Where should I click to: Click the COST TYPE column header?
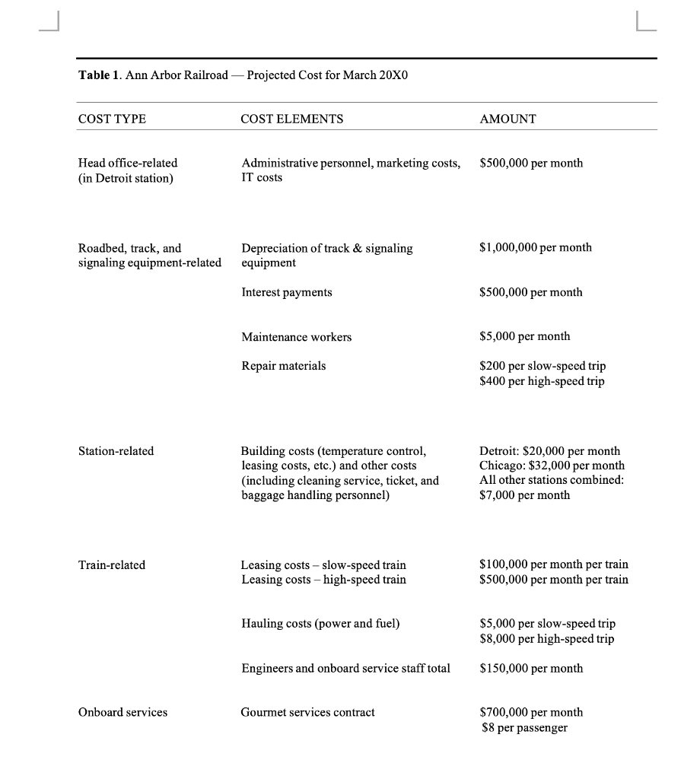[x=113, y=119]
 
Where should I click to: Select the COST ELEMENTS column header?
[x=292, y=119]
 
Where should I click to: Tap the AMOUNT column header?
[x=508, y=119]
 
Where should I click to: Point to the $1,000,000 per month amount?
[x=536, y=247]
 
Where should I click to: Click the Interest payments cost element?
[x=287, y=292]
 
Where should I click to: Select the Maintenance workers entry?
[x=297, y=337]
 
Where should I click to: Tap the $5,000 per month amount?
[x=525, y=336]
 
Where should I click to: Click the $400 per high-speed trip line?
[x=542, y=380]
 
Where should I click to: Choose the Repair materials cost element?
[x=283, y=366]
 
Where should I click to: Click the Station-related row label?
[x=116, y=451]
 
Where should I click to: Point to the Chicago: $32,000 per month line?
[x=552, y=466]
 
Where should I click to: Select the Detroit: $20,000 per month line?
[x=549, y=451]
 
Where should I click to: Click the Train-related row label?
[x=112, y=564]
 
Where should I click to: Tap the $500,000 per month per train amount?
[x=554, y=580]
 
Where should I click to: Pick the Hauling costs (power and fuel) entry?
[x=320, y=624]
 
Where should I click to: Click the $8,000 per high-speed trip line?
[x=547, y=639]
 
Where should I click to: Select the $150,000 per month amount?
[x=532, y=668]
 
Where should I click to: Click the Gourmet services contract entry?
[x=308, y=712]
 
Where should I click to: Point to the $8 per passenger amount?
[x=524, y=727]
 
